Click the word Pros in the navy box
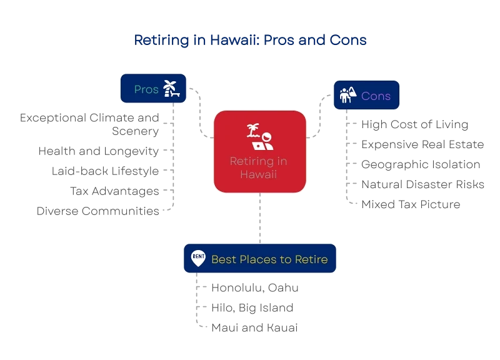146,89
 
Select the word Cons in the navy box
376,96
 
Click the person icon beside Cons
347,95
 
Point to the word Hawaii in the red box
258,173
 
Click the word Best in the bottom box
223,259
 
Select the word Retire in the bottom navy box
311,259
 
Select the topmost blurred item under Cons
414,125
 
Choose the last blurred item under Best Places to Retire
254,327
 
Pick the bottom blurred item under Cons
410,204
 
